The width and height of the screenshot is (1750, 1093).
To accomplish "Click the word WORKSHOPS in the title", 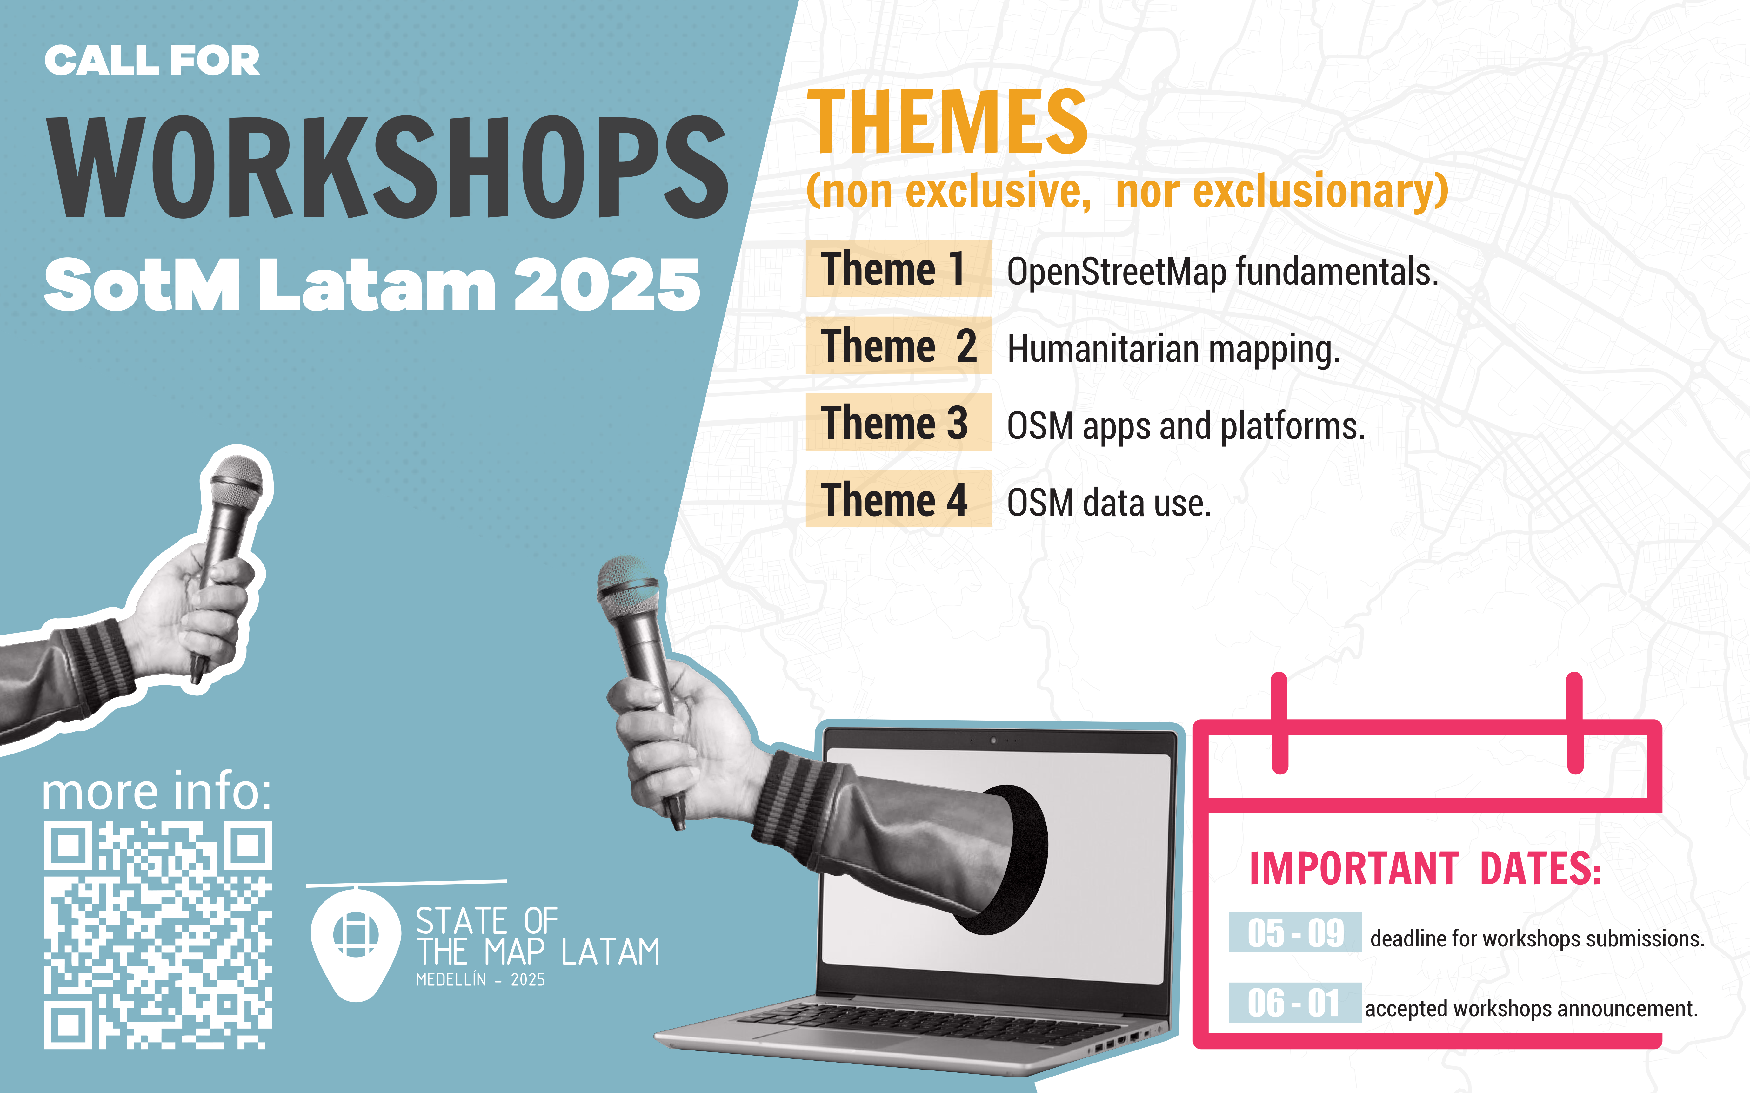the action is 388,167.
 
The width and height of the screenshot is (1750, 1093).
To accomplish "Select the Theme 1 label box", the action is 898,268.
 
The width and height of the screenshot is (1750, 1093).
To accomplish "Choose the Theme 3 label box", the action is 898,422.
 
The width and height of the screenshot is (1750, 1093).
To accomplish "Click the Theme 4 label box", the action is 898,499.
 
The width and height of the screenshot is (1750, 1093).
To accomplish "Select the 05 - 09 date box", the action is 1295,932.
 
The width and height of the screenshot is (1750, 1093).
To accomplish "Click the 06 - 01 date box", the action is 1295,1003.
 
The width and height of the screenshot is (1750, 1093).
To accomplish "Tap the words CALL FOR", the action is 152,61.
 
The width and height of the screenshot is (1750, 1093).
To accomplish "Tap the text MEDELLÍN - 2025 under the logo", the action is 480,980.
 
